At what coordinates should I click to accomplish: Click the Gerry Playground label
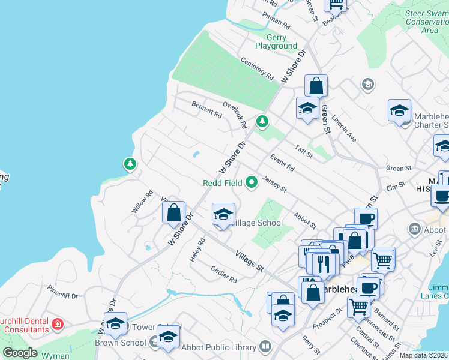coord(276,41)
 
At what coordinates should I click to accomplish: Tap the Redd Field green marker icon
coord(252,182)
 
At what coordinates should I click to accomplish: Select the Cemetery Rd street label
coord(257,68)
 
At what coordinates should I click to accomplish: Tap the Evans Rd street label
coord(282,162)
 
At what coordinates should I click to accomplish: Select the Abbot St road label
coord(304,220)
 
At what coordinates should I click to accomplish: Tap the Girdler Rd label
coord(224,275)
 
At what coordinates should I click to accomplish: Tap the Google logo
coord(20,352)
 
